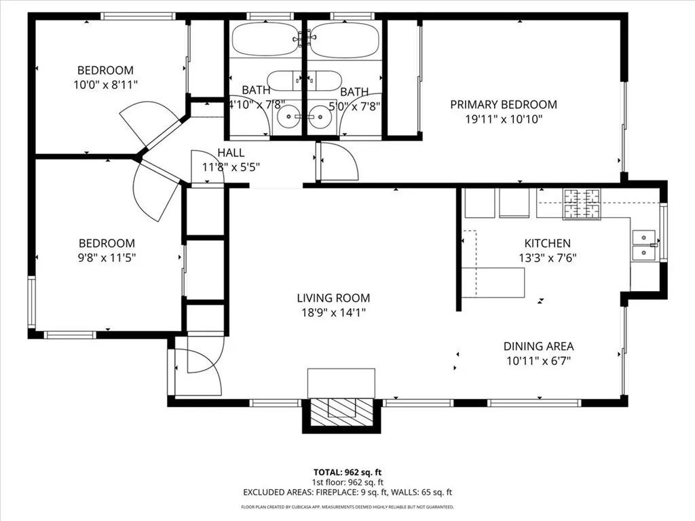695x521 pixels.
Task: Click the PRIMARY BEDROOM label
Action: tap(504, 104)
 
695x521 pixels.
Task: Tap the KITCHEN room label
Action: tap(547, 243)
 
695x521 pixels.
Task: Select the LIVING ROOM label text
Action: tap(333, 297)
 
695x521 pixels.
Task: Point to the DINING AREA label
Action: tap(538, 346)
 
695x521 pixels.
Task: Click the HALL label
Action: tap(231, 153)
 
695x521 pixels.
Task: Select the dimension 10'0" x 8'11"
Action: tap(105, 84)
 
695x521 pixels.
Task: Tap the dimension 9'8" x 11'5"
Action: tap(107, 258)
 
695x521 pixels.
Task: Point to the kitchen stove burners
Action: tap(582, 204)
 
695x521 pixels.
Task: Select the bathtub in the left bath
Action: tap(265, 39)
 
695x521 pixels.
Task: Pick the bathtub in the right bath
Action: tap(343, 39)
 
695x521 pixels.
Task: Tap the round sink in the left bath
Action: tap(290, 117)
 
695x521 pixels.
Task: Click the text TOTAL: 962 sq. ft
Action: tap(347, 472)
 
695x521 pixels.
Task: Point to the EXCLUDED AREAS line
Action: tap(347, 493)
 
